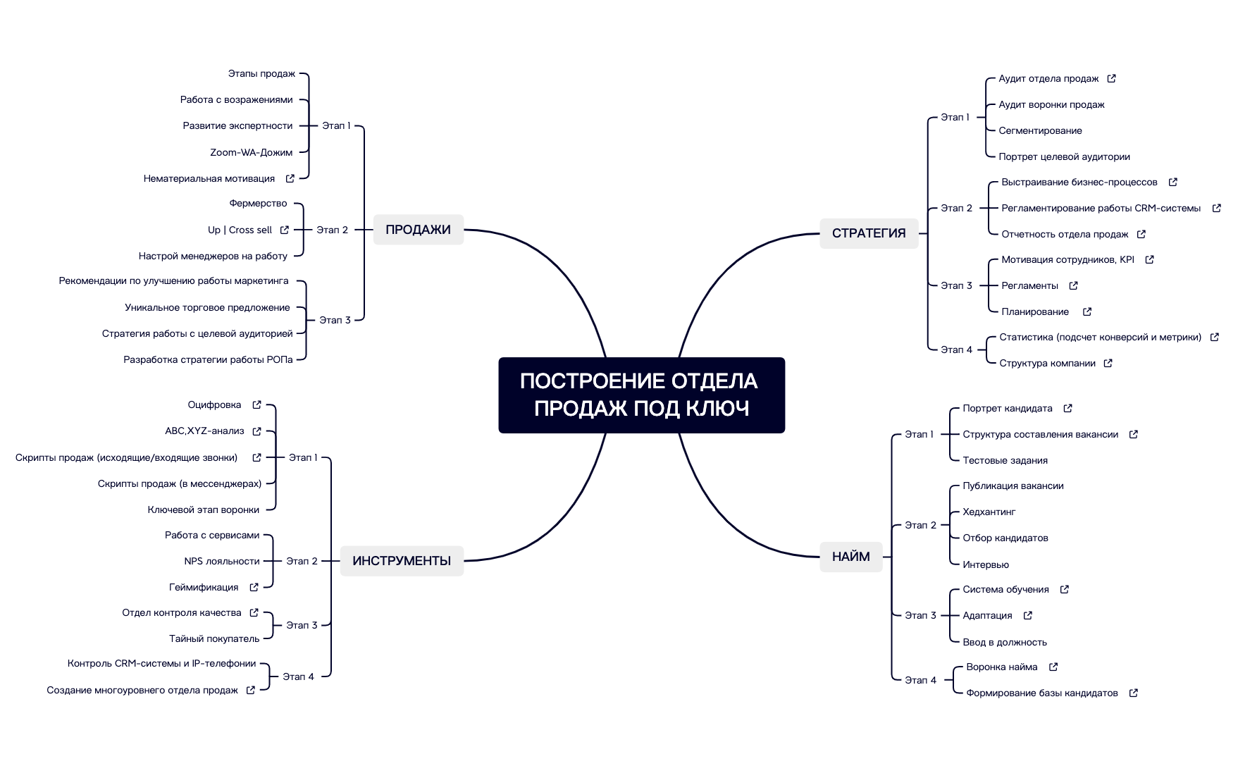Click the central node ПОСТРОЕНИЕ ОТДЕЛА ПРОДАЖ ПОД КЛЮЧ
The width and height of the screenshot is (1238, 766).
[x=641, y=395]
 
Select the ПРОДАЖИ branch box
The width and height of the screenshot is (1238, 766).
[x=418, y=230]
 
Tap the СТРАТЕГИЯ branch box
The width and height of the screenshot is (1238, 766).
[x=868, y=233]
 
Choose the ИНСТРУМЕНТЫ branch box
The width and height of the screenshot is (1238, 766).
[x=402, y=561]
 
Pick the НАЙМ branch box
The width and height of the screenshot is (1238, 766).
[x=850, y=557]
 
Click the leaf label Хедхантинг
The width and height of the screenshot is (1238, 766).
[x=989, y=512]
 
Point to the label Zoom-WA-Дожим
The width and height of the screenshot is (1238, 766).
[x=251, y=152]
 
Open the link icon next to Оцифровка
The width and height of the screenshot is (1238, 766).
[x=257, y=405]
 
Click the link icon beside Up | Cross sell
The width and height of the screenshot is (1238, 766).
[x=285, y=230]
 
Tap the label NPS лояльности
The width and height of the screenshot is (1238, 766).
[x=222, y=562]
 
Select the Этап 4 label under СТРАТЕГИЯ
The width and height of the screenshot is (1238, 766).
[x=956, y=350]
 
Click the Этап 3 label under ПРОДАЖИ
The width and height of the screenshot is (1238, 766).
[x=335, y=321]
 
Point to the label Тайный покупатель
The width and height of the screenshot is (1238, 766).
[x=214, y=639]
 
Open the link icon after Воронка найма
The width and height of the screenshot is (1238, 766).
[x=1053, y=667]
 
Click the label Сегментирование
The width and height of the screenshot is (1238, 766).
[x=1040, y=131]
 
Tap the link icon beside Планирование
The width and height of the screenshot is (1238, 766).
[x=1087, y=311]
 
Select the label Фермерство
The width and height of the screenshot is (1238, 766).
[x=258, y=204]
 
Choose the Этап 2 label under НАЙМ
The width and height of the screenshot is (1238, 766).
[x=920, y=526]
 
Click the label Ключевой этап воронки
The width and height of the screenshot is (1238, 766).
[x=204, y=510]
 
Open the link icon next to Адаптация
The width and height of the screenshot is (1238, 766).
[x=1028, y=616]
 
